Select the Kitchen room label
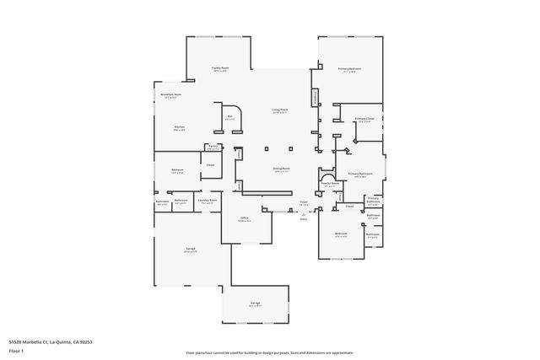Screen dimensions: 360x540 (180, 128)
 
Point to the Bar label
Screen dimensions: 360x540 (229, 117)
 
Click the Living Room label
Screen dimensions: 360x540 (279, 110)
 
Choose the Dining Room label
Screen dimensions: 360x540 (282, 169)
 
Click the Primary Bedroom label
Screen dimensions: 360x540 (349, 70)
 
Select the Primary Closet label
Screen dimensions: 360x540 (364, 120)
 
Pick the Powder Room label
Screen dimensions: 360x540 (330, 184)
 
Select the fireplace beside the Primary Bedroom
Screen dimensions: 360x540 (316, 98)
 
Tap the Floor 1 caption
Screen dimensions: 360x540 (17, 352)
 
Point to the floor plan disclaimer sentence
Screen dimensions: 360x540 (270, 352)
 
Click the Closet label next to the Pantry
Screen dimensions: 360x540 (210, 165)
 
